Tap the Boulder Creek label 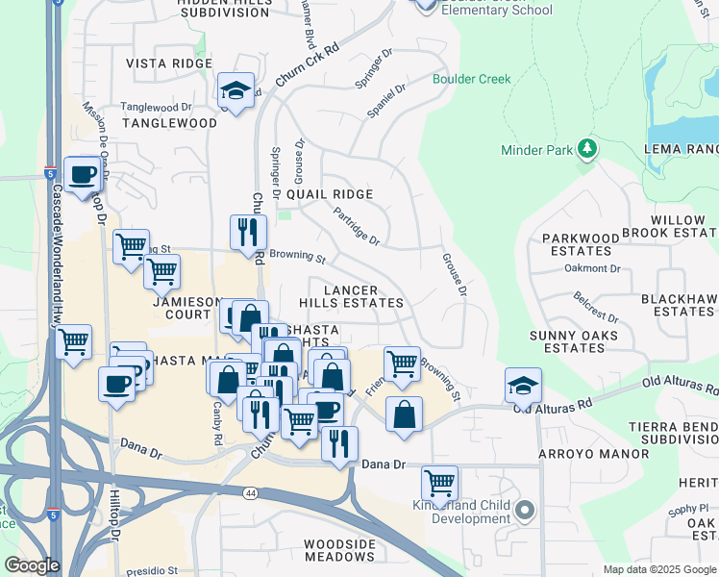(x=471, y=79)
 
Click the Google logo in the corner (x=32, y=564)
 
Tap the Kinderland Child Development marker (x=524, y=510)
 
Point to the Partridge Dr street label (x=356, y=225)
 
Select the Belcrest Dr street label (x=592, y=309)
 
